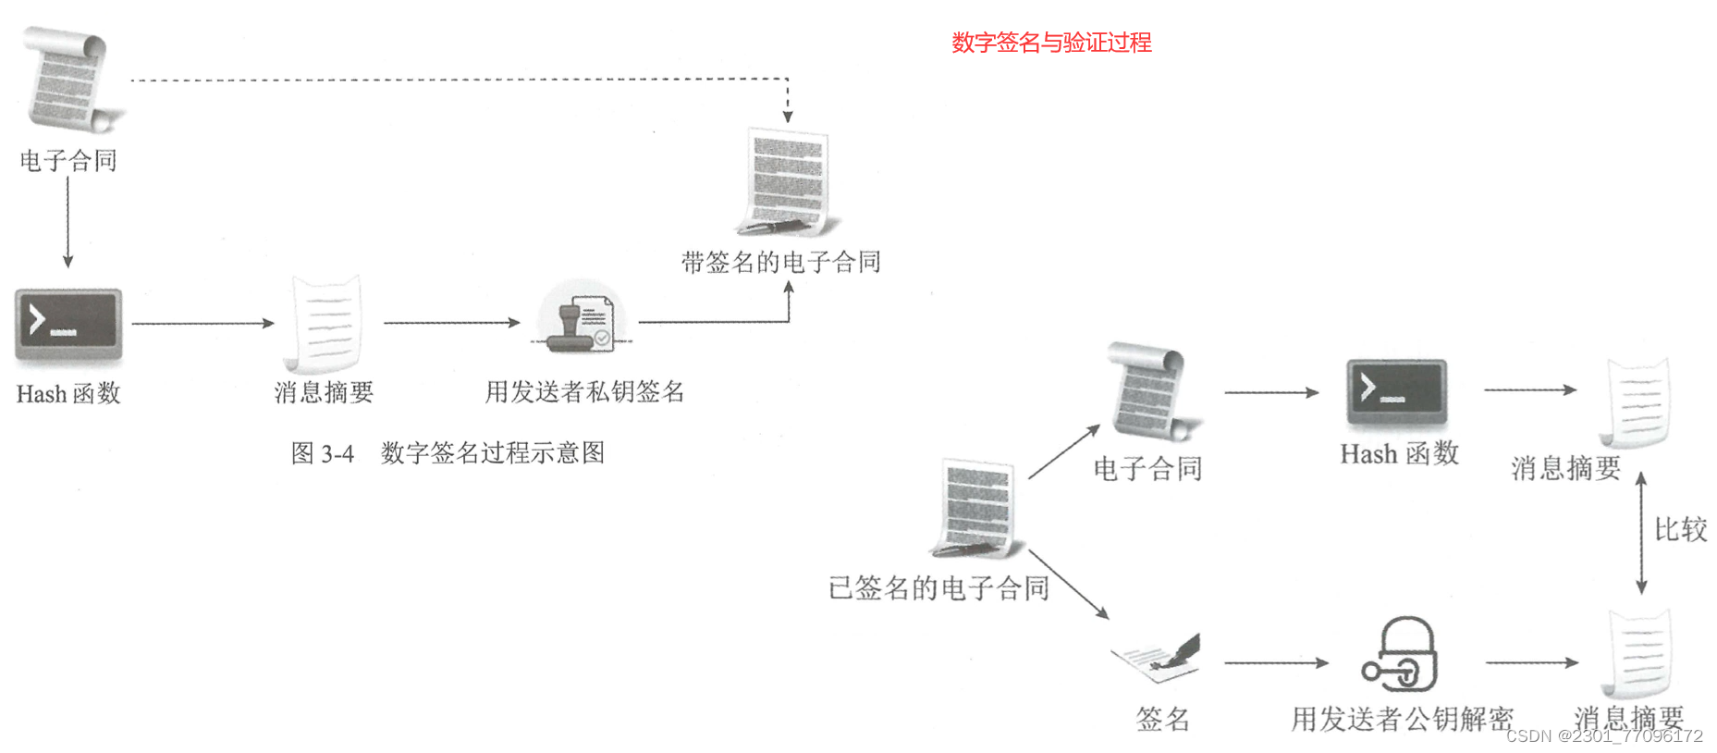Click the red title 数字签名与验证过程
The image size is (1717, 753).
tap(1051, 43)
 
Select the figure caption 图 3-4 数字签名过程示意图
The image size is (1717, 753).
tap(448, 453)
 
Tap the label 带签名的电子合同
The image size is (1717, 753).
tap(780, 263)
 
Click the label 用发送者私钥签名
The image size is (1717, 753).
tap(584, 392)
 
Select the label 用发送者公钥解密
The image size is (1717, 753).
tap(1402, 719)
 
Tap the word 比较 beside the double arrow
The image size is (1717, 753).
tap(1680, 529)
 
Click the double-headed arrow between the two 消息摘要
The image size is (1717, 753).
tap(1641, 533)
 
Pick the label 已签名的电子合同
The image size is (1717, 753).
tap(938, 588)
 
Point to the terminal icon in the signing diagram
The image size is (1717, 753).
tap(68, 324)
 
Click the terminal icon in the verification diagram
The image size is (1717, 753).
tap(1396, 391)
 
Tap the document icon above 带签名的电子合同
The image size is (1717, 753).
tap(788, 181)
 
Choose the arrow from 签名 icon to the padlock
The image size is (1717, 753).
tap(1276, 662)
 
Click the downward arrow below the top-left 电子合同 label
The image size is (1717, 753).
tap(67, 222)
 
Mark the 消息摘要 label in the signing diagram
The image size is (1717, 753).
tap(324, 392)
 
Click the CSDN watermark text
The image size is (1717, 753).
tap(1604, 736)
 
